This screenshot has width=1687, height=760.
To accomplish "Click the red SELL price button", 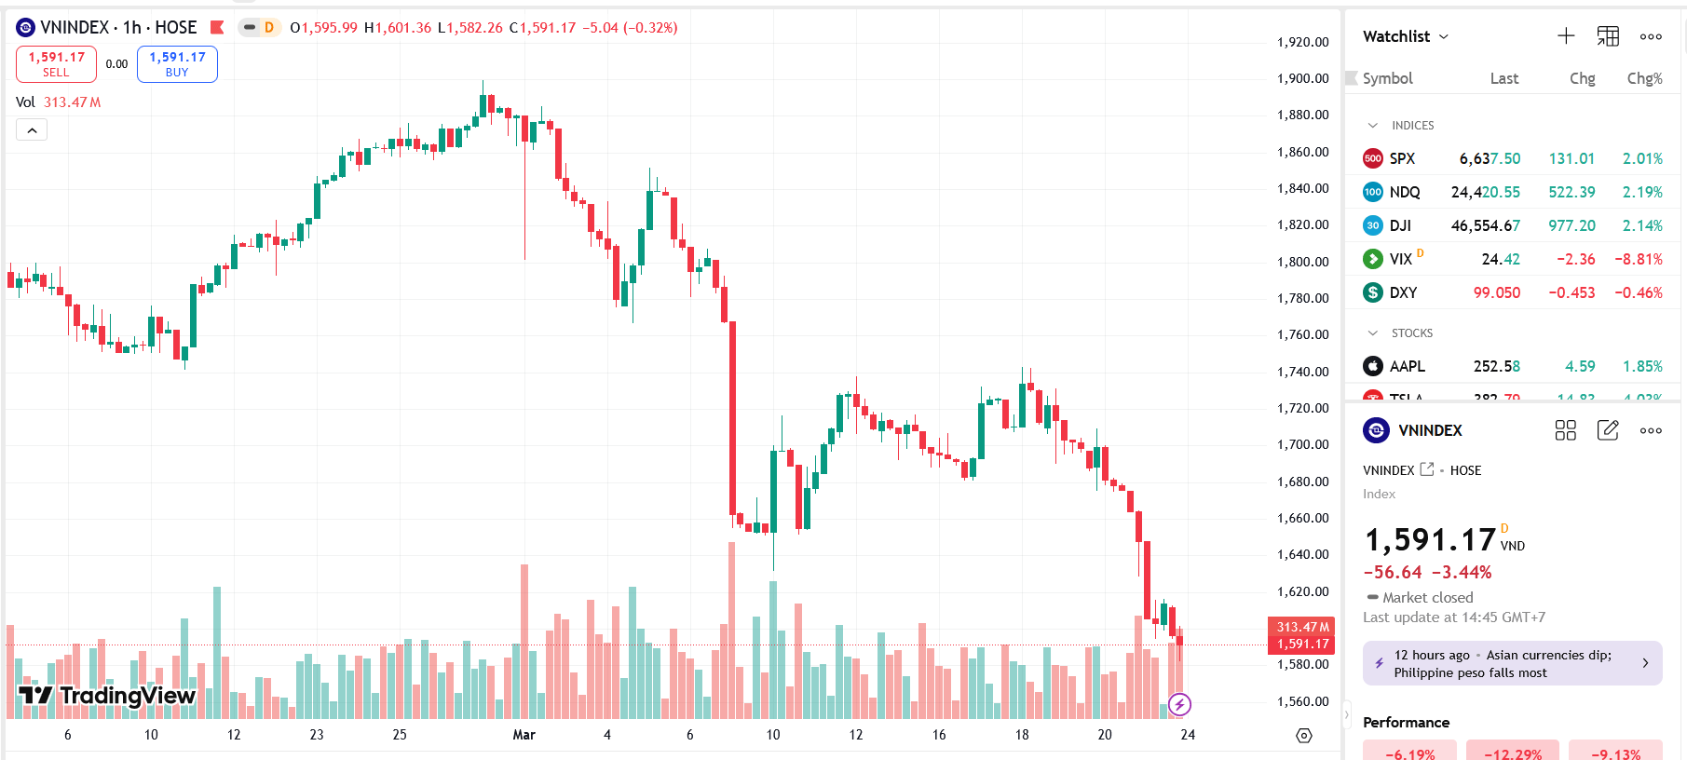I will tap(56, 64).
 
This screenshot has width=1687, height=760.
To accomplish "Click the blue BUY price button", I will tap(177, 64).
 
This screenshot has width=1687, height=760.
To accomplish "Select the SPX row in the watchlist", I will tap(1402, 158).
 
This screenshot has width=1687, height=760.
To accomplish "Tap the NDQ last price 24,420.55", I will tap(1485, 192).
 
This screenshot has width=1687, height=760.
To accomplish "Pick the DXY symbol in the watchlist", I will tap(1403, 292).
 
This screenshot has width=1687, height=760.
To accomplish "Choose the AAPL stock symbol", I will tap(1407, 366).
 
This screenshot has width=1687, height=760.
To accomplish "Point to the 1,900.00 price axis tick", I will tap(1302, 78).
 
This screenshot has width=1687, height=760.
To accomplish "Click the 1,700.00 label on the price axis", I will tap(1302, 444).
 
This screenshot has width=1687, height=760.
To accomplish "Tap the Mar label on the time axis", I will tap(524, 735).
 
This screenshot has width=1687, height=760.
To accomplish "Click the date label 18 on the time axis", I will tap(1022, 735).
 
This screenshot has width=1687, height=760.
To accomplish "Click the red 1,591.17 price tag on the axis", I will tap(1302, 644).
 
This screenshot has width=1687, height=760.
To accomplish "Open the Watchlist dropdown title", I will tap(1405, 36).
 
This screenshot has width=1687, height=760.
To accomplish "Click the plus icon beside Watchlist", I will tap(1566, 36).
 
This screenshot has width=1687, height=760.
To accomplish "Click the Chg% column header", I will tap(1644, 78).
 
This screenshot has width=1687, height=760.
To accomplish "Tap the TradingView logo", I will tap(107, 695).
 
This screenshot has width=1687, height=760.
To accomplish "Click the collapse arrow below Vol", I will tap(32, 130).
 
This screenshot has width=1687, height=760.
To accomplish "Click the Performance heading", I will tap(1406, 722).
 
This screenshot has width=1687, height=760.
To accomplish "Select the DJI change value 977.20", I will tap(1571, 225).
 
